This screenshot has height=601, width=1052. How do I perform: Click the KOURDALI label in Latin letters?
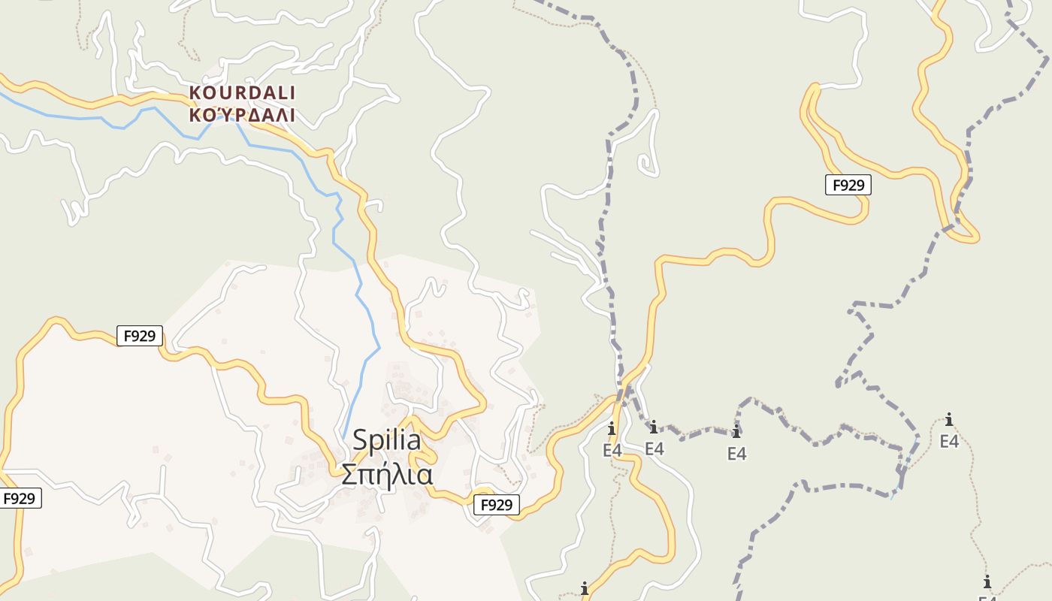242,92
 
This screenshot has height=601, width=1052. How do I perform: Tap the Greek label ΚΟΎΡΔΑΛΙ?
242,115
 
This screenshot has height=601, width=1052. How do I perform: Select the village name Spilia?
387,439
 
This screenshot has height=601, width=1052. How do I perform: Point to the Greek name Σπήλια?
387,475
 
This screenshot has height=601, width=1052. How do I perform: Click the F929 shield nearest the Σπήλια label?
496,505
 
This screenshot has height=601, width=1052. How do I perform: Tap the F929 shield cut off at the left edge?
20,498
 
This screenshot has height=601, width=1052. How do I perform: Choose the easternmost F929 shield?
848,185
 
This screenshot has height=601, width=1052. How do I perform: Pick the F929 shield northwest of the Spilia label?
140,336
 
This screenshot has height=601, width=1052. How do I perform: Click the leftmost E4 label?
612,450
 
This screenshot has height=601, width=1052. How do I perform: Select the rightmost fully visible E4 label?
949,441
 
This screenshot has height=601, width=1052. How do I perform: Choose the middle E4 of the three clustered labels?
654,448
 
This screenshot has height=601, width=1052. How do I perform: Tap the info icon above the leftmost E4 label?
612,429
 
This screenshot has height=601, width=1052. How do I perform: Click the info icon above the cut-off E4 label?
987,581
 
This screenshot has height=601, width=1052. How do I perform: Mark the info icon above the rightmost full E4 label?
949,419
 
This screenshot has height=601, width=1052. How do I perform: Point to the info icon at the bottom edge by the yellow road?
584,588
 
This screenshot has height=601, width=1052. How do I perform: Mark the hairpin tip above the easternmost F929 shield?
814,89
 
